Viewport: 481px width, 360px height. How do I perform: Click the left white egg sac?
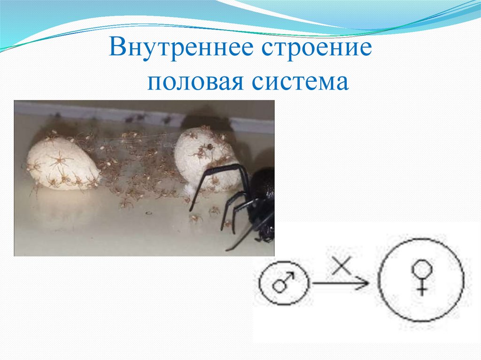(x=61, y=164)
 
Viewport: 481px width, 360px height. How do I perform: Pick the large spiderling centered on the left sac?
(x=60, y=161)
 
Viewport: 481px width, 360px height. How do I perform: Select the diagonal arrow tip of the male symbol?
(x=290, y=276)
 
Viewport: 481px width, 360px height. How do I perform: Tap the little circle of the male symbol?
(x=280, y=286)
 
